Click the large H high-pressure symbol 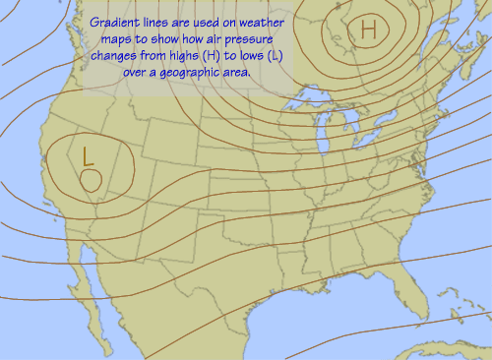pos(369,30)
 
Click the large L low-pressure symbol pos(88,155)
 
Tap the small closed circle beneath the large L pos(91,179)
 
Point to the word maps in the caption pos(115,39)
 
